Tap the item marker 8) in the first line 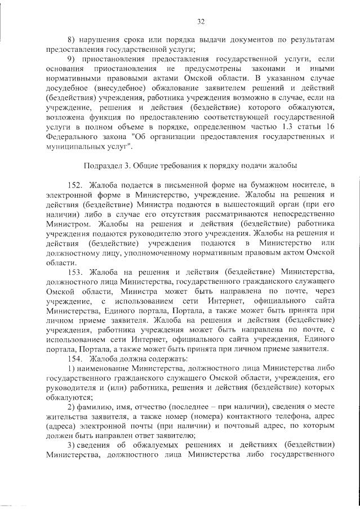click(x=71, y=40)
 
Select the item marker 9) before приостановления click(x=71, y=59)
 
